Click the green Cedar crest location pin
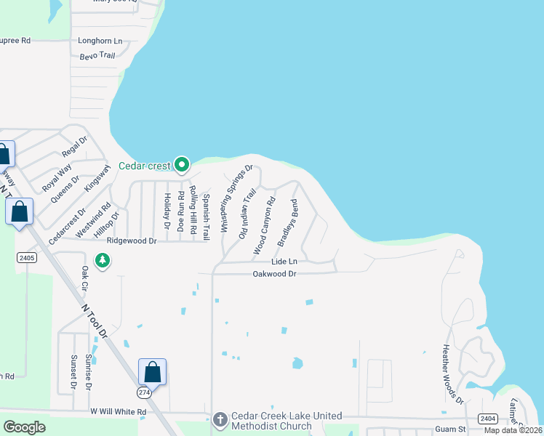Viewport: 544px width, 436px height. [183, 164]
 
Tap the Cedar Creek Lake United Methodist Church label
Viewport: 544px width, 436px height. [286, 421]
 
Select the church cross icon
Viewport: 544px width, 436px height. [221, 421]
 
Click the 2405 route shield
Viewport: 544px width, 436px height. [26, 258]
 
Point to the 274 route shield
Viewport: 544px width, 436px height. [145, 392]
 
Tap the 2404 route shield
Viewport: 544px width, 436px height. [487, 419]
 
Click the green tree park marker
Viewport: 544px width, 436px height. [103, 260]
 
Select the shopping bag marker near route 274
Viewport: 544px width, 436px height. [153, 372]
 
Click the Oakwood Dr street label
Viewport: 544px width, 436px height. [274, 274]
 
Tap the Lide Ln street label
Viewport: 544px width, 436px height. [284, 262]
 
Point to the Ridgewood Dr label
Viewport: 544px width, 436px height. [132, 241]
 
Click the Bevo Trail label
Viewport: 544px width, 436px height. [97, 55]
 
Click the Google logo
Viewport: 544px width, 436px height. [24, 427]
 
